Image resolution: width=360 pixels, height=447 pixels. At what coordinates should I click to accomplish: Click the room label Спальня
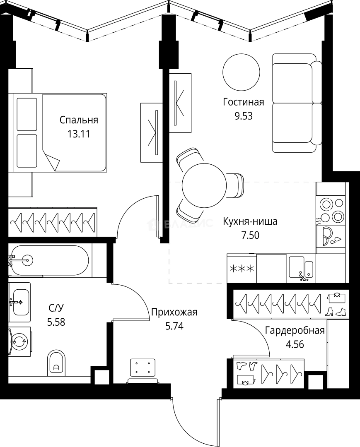point(79,120)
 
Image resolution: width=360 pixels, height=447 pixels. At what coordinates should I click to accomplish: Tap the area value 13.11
point(79,134)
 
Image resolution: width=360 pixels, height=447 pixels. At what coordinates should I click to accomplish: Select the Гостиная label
point(243,102)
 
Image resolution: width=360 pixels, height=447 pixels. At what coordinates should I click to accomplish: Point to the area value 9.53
point(243,115)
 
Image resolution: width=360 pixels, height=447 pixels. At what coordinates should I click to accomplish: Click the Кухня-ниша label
point(250,221)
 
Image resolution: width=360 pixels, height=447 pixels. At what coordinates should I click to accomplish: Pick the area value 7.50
point(250,235)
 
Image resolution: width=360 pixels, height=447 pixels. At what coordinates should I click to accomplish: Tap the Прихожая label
point(174,312)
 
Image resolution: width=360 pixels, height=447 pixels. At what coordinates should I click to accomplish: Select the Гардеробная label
point(295,330)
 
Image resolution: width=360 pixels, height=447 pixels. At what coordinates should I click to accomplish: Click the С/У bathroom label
point(56,308)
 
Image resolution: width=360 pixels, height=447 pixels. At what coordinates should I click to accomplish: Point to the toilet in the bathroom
point(57,363)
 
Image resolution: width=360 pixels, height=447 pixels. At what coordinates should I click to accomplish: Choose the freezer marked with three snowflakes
point(242,269)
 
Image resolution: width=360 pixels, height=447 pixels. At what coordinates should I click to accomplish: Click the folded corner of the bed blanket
point(52,162)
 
